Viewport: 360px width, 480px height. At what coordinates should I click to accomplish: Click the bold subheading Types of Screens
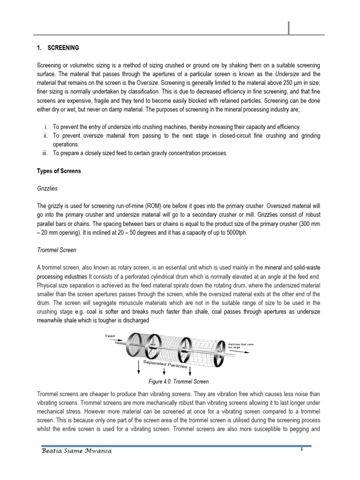coord(59,171)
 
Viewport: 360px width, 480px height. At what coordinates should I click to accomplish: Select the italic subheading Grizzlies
coord(47,188)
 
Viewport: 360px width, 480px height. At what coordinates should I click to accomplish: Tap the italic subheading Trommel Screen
coord(57,249)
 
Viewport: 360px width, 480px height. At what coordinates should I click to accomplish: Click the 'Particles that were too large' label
coord(240,345)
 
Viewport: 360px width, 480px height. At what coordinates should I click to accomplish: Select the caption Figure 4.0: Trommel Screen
coord(179,382)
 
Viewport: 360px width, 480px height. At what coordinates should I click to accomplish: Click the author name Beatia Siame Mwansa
coord(76,451)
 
